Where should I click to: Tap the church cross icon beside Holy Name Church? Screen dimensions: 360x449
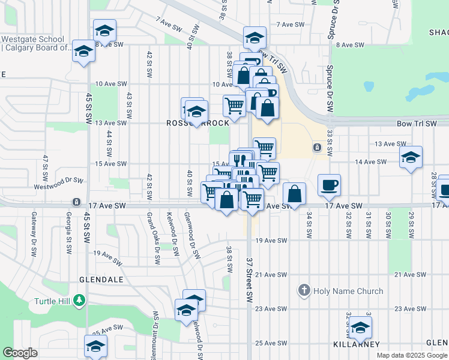pyautogui.click(x=304, y=292)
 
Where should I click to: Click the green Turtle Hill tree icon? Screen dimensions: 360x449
pyautogui.click(x=78, y=300)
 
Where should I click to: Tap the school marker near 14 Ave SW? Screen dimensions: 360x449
pyautogui.click(x=411, y=158)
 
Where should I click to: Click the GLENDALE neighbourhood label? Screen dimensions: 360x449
pyautogui.click(x=100, y=280)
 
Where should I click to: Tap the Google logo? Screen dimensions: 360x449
pyautogui.click(x=20, y=353)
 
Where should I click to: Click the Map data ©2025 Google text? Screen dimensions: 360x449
pyautogui.click(x=412, y=355)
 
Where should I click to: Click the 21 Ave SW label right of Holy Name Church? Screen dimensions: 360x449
pyautogui.click(x=412, y=274)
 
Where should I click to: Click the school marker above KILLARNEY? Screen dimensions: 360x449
pyautogui.click(x=360, y=328)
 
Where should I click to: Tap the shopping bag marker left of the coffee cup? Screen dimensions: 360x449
pyautogui.click(x=294, y=194)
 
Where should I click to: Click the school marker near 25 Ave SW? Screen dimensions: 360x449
pyautogui.click(x=95, y=346)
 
